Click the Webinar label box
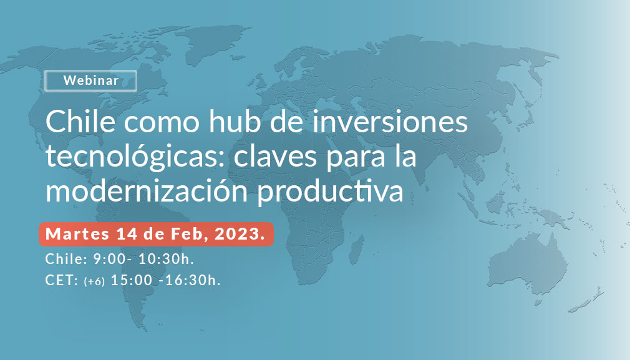coord(90,80)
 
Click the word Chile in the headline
coord(80,121)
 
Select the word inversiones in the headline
coord(390,121)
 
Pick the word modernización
coord(147,190)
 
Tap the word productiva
coord(330,192)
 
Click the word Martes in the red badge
coord(77,234)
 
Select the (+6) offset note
coord(94,281)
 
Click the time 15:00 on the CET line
coord(132,280)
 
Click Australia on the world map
coord(526,265)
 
